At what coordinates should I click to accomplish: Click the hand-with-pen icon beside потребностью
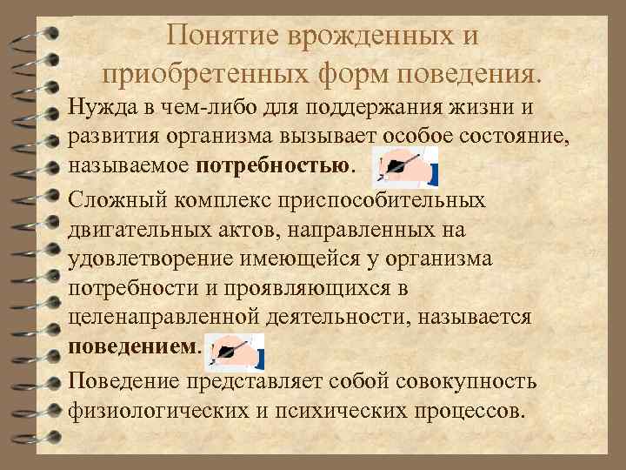[x=404, y=164]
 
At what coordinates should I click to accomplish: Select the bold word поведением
[x=133, y=346]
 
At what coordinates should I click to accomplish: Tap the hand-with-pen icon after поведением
[x=233, y=350]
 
